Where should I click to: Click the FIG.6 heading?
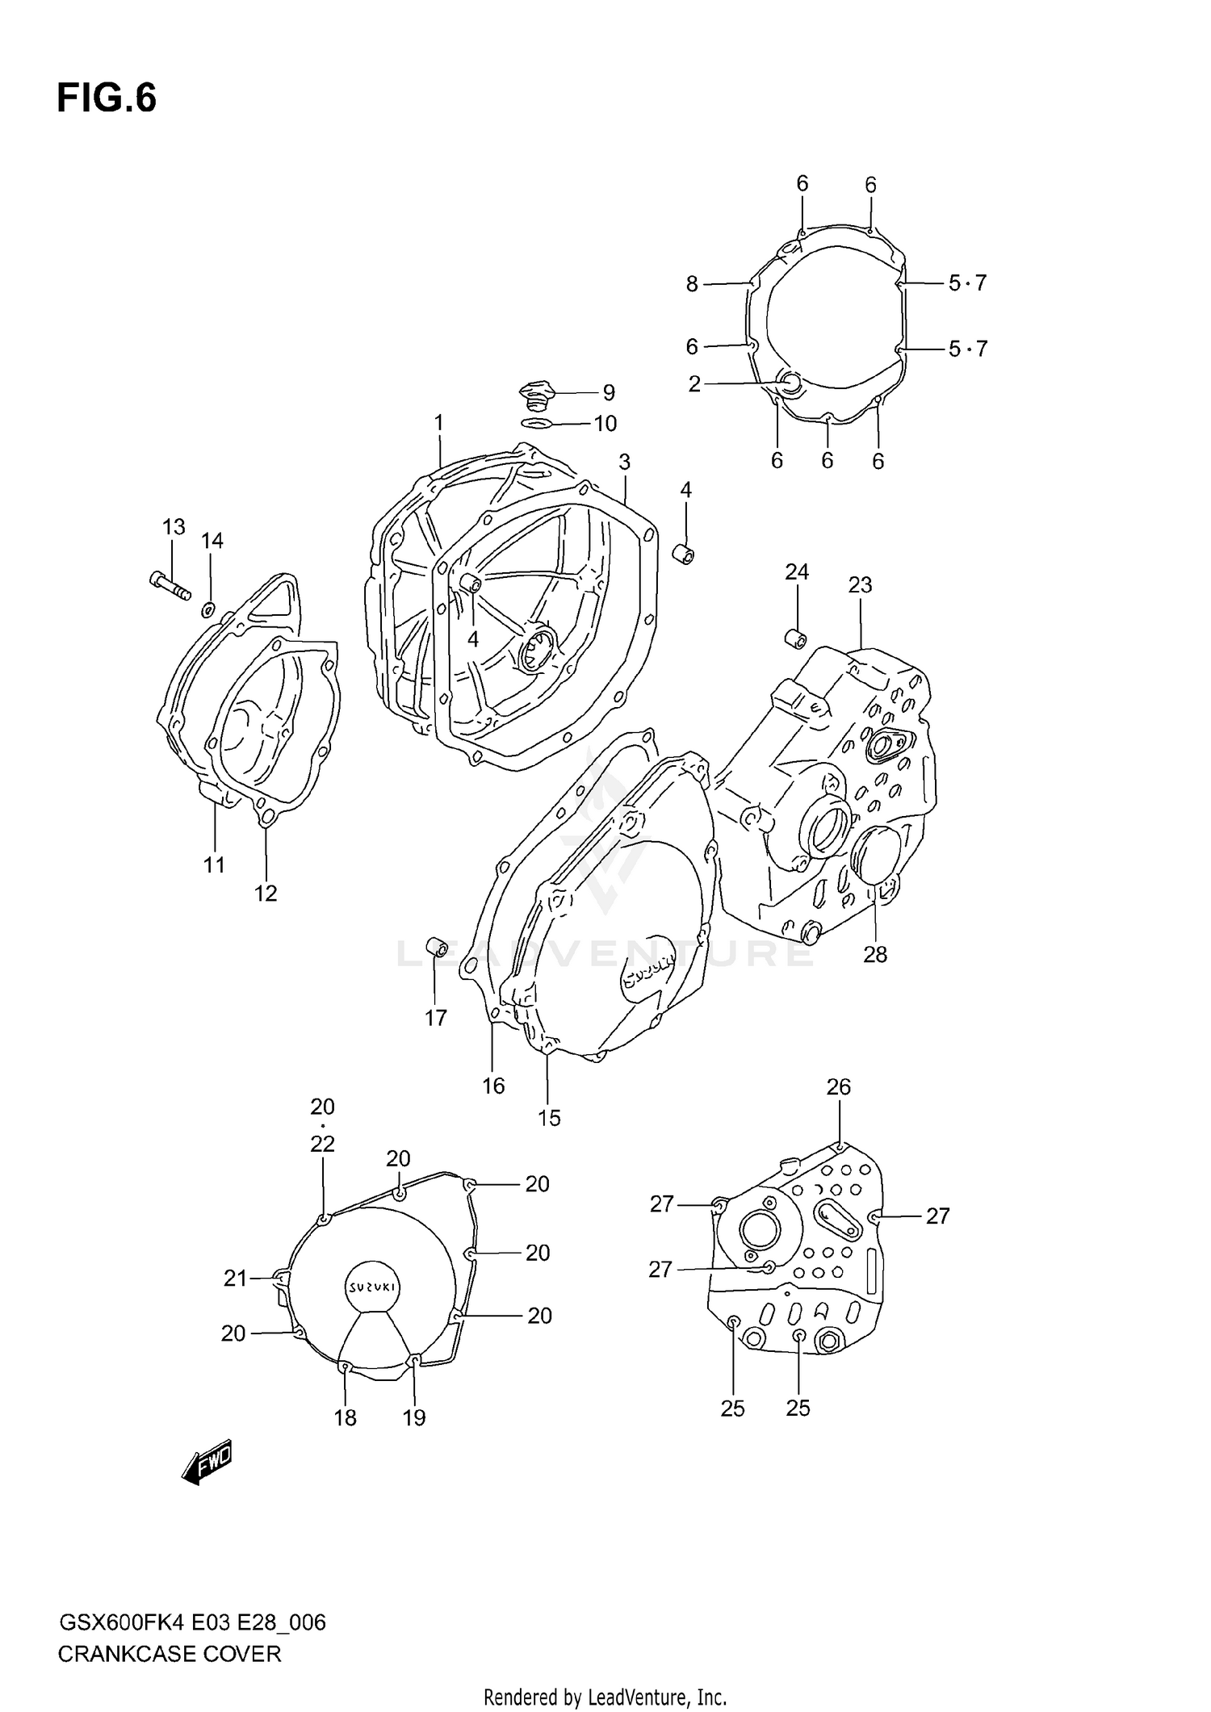(x=107, y=98)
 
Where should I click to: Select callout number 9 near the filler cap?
(x=609, y=393)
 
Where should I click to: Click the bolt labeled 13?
(x=170, y=584)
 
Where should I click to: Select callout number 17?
(x=436, y=1018)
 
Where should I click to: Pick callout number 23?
(x=860, y=584)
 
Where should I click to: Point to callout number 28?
(x=875, y=955)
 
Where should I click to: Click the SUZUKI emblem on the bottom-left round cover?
(x=371, y=1287)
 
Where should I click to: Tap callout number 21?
(x=235, y=1279)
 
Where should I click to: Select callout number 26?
(x=839, y=1087)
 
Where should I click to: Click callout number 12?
(x=266, y=894)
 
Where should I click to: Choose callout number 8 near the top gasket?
(x=692, y=284)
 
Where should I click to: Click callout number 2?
(x=694, y=384)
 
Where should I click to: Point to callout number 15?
(x=549, y=1118)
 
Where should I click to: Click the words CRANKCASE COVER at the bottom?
(x=170, y=1654)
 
